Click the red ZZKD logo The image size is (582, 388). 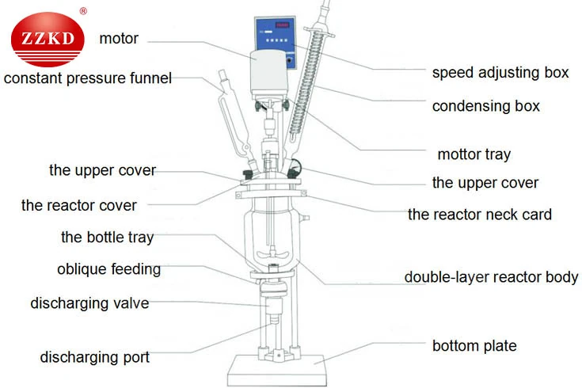(48, 40)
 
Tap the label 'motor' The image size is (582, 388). (119, 39)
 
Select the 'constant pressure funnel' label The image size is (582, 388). (88, 78)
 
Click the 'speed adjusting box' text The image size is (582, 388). (500, 72)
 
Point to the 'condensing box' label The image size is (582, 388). (486, 106)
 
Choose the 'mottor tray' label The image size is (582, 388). (474, 154)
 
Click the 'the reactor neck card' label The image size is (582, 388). (480, 215)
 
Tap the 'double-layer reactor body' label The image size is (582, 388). (491, 277)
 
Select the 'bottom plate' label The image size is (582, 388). (474, 346)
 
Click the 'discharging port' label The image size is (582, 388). (95, 357)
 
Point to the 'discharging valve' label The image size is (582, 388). (89, 303)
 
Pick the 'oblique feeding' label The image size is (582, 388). (108, 269)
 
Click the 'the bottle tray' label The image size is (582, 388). (107, 238)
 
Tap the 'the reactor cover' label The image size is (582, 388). (78, 205)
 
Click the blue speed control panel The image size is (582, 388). (276, 42)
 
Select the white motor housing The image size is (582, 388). (269, 73)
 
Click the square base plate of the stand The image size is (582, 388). (277, 370)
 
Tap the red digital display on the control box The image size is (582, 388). (282, 25)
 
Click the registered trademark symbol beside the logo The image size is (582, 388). (83, 11)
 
